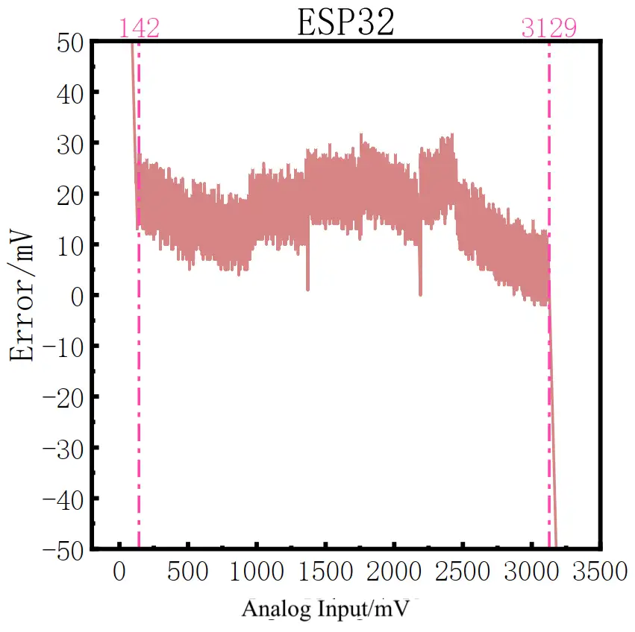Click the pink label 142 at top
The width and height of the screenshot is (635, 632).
pyautogui.click(x=139, y=29)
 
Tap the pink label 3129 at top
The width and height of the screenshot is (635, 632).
pyautogui.click(x=548, y=29)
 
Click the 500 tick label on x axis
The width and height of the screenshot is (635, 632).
pyautogui.click(x=187, y=572)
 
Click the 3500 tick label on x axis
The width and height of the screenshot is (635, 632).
pyautogui.click(x=597, y=572)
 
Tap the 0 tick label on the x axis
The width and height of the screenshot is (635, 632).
pyautogui.click(x=119, y=572)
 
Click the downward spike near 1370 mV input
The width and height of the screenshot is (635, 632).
pyautogui.click(x=307, y=279)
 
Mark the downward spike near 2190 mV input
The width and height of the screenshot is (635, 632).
pyautogui.click(x=420, y=287)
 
